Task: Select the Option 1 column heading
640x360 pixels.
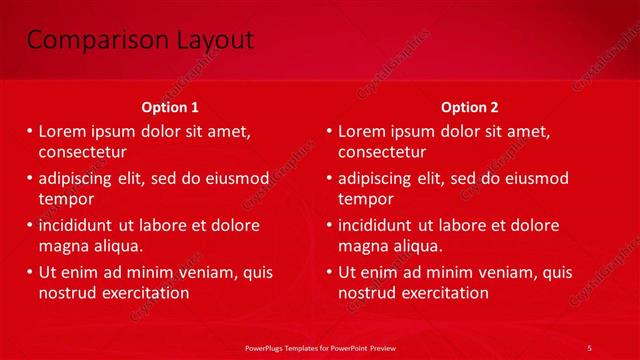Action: pyautogui.click(x=170, y=107)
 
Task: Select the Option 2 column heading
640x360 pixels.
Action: pyautogui.click(x=469, y=107)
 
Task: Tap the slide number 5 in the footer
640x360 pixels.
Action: pyautogui.click(x=589, y=347)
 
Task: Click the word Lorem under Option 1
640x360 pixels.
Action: pyautogui.click(x=62, y=131)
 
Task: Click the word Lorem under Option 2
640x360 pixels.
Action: pyautogui.click(x=362, y=131)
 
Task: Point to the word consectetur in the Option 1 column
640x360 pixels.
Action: pyautogui.click(x=82, y=153)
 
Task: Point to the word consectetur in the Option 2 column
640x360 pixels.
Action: pyautogui.click(x=382, y=153)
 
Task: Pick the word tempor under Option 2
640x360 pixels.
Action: pyautogui.click(x=366, y=199)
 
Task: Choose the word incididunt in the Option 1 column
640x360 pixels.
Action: pyautogui.click(x=78, y=225)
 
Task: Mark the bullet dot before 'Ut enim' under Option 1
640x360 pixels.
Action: pyautogui.click(x=29, y=272)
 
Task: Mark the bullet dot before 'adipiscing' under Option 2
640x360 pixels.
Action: pyautogui.click(x=329, y=179)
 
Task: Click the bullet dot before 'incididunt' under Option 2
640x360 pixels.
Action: pyautogui.click(x=329, y=225)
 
